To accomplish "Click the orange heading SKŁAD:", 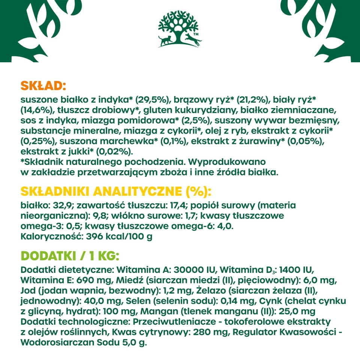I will [x=43, y=86].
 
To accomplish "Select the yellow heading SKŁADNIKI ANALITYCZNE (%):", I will [x=116, y=192].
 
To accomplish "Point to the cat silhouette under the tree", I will [x=165, y=40].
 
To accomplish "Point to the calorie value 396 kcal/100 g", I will [x=119, y=237].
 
